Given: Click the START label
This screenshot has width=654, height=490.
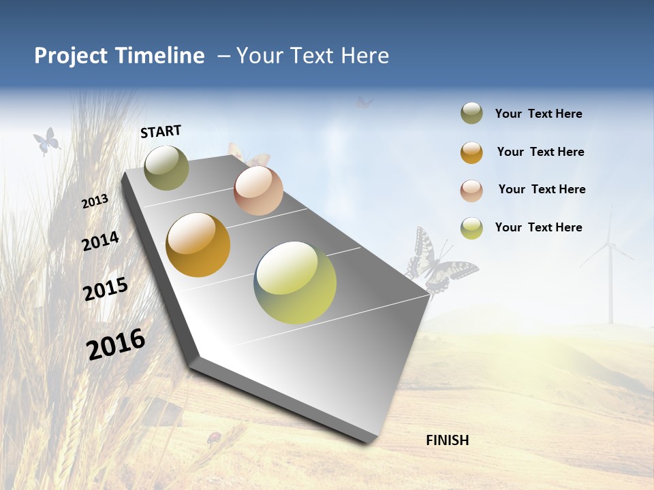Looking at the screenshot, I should point(161,131).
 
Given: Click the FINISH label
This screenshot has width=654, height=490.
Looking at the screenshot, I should point(447,440).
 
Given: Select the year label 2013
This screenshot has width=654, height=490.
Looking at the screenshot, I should point(95,201).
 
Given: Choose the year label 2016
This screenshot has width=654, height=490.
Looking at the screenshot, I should point(116,344).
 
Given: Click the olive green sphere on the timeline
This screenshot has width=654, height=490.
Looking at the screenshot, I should point(166,167).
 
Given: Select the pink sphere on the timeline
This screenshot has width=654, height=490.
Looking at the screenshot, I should point(258,191).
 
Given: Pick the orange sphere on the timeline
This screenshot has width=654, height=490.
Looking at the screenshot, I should point(198,245).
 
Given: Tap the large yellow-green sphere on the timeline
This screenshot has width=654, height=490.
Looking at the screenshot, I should point(295,282).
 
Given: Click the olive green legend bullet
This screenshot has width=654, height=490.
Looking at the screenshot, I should point(471,114).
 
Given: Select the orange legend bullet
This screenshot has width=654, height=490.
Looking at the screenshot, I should point(471,152).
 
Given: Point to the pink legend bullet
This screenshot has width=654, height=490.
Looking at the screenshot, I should point(471,190).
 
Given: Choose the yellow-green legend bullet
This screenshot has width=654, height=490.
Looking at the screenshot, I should point(471,228).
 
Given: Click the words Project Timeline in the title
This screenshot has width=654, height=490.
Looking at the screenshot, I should point(119,56).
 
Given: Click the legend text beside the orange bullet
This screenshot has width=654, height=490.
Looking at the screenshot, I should point(540,152).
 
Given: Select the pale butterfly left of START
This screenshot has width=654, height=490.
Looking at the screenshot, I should point(46,141).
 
